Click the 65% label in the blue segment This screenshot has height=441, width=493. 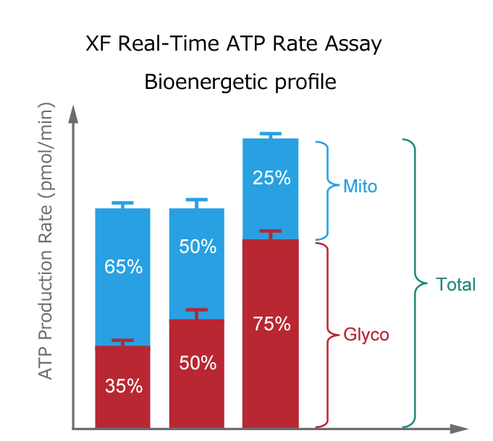pos(123,267)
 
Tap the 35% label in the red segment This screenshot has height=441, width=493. pos(123,386)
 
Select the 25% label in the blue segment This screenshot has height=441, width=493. pos(271,177)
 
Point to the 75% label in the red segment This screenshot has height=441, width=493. pos(271,324)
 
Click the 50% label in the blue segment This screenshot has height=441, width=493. pos(197,247)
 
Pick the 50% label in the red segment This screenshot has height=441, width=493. pos(197,363)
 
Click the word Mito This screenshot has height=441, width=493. pos(361,187)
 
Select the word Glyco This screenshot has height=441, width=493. pos(366,335)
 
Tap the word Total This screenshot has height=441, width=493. pos(456,285)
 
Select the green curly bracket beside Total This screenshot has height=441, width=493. pos(412,283)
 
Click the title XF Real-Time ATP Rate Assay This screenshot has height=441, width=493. pos(234,45)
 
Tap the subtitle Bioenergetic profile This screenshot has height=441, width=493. pos(240,82)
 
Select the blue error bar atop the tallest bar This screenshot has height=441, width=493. pos(270,135)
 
